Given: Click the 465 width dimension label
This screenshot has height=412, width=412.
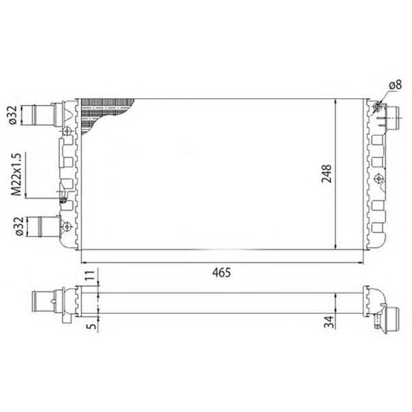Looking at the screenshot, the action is (x=222, y=273).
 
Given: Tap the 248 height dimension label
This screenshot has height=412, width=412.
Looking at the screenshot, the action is (x=327, y=174).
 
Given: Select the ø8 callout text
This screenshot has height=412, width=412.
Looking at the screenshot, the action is (x=396, y=85).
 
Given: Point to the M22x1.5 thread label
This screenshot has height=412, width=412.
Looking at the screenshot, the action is (x=16, y=174).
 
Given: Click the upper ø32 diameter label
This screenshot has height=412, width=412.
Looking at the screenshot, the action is (x=12, y=115).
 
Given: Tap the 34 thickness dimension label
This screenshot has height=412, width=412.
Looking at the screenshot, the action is (x=330, y=322).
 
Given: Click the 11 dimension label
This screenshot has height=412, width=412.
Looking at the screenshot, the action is (x=90, y=275).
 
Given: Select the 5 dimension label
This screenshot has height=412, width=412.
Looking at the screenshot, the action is (x=92, y=326).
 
